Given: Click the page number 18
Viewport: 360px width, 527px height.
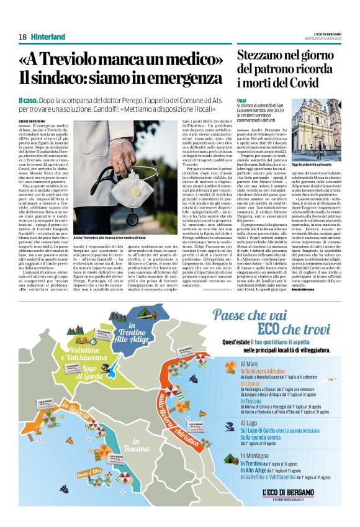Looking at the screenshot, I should (x=22, y=37).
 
